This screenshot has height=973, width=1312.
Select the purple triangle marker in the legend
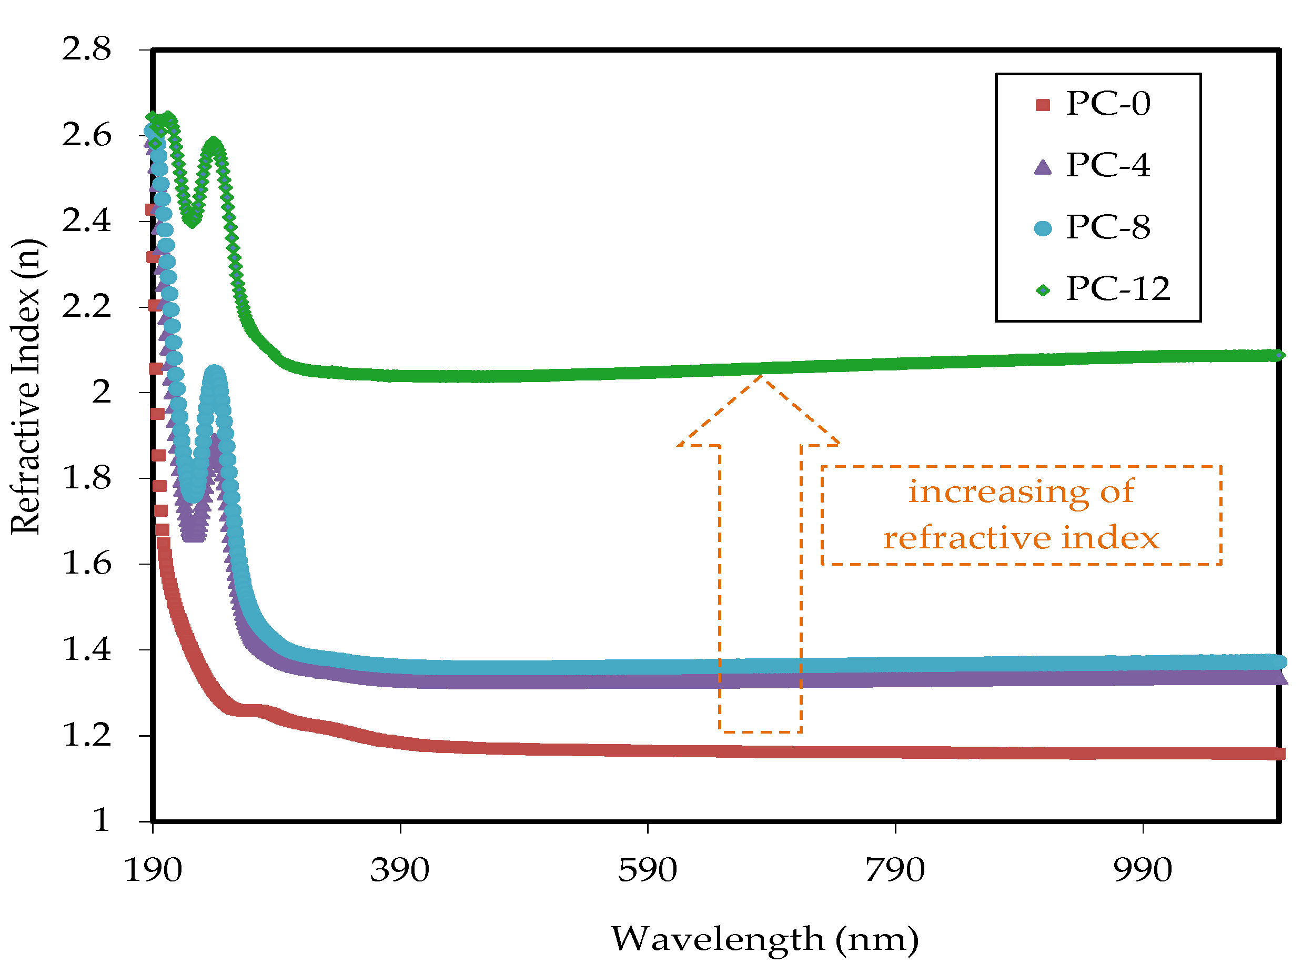(x=1042, y=167)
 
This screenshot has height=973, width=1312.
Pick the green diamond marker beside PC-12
(x=1042, y=290)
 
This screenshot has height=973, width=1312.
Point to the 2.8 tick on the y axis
(x=86, y=49)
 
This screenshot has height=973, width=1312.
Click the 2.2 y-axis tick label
(x=86, y=307)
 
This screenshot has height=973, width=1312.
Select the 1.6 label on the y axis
(x=86, y=564)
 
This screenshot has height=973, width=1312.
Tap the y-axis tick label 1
(x=102, y=820)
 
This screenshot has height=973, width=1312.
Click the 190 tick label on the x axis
(x=153, y=870)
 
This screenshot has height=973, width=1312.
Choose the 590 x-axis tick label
(x=647, y=870)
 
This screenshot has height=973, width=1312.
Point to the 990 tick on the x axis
(x=1143, y=870)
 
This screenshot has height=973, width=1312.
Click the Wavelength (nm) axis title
(x=764, y=939)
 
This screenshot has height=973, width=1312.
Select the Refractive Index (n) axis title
(x=26, y=387)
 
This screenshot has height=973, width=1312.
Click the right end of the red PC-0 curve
(x=1278, y=754)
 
